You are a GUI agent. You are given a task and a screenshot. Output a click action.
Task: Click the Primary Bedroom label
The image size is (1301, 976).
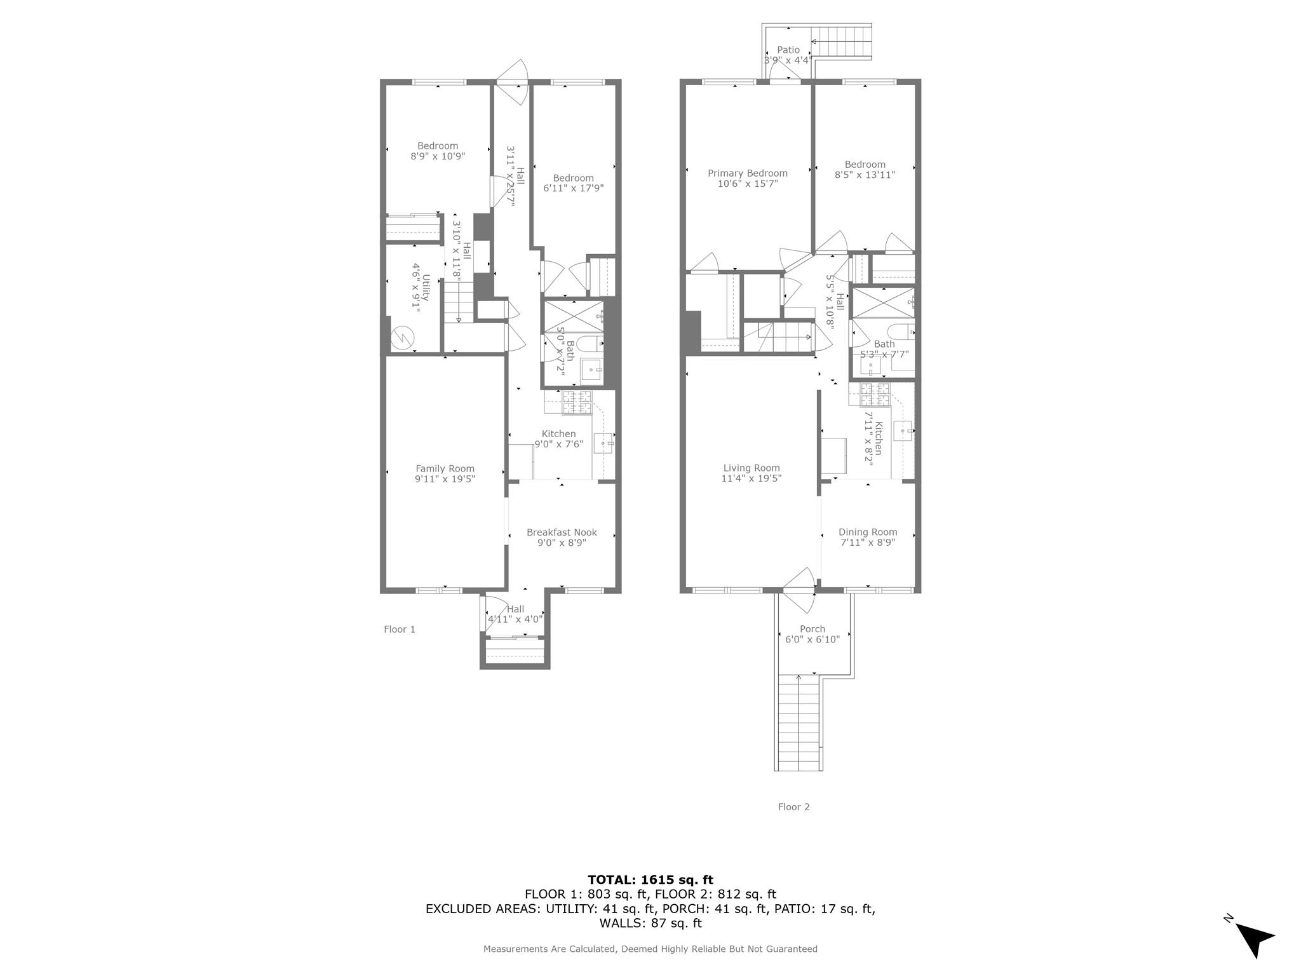click(x=748, y=173)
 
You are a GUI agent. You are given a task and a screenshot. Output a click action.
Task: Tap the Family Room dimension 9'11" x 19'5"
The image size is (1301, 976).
click(x=445, y=479)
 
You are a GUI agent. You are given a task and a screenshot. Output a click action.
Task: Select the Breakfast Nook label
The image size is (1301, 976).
click(x=562, y=532)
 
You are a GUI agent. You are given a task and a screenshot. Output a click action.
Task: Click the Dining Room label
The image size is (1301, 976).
click(x=868, y=532)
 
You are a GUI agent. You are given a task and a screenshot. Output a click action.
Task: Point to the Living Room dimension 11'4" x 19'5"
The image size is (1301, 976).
click(x=751, y=478)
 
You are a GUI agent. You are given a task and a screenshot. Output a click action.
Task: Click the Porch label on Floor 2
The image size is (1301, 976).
click(x=812, y=629)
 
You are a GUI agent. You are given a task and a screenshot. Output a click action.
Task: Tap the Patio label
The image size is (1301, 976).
click(x=788, y=50)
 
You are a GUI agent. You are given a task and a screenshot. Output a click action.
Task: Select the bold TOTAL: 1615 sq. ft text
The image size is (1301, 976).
click(x=650, y=880)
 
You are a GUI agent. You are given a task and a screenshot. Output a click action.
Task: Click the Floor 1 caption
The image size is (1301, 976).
click(x=400, y=629)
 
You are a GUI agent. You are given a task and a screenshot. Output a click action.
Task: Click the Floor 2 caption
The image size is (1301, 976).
click(x=793, y=807)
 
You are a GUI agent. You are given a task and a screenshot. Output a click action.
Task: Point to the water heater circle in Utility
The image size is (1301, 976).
click(x=401, y=337)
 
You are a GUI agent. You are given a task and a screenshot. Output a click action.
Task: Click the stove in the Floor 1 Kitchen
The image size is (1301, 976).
click(x=577, y=403)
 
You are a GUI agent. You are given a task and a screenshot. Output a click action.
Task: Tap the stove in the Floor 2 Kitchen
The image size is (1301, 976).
click(x=875, y=395)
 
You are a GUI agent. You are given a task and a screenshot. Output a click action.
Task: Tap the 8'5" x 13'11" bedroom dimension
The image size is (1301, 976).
click(x=865, y=175)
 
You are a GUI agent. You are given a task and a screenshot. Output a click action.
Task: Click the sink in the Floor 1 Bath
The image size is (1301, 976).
click(x=591, y=370)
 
